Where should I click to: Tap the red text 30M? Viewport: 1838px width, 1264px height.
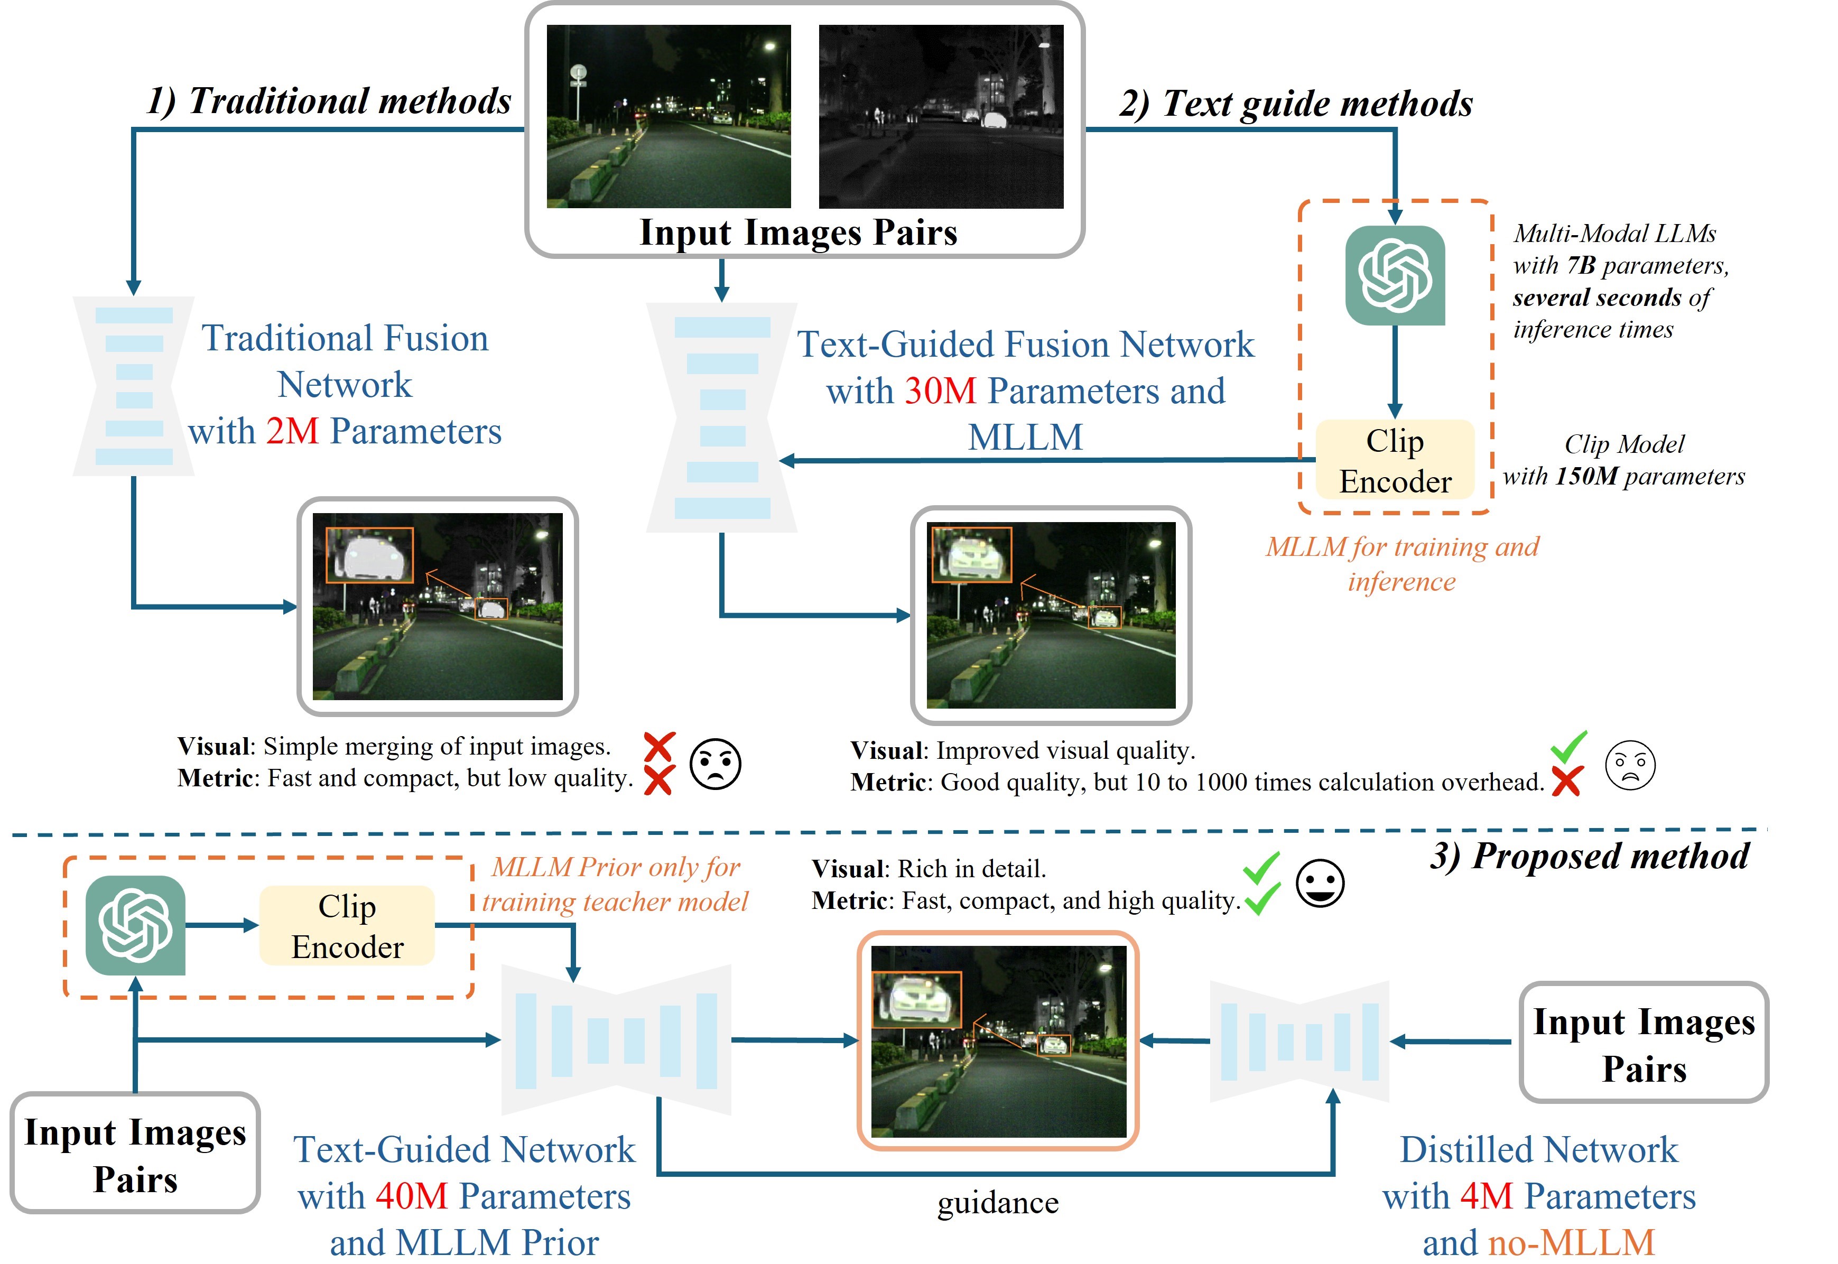click(940, 391)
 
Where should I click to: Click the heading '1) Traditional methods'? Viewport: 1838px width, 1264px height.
click(329, 101)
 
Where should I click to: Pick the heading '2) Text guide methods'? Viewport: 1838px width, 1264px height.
click(1296, 104)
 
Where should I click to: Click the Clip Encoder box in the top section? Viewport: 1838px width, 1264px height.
click(1395, 461)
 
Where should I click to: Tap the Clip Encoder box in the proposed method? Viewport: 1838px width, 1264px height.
click(347, 926)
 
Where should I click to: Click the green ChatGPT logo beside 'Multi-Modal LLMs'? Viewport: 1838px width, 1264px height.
click(1395, 276)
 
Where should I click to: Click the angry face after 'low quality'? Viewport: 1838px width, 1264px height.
click(715, 764)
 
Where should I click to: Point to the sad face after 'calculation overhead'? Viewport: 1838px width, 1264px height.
click(1630, 766)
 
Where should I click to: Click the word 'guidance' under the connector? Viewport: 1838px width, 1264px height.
click(998, 1203)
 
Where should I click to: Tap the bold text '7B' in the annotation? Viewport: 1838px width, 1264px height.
click(1581, 265)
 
